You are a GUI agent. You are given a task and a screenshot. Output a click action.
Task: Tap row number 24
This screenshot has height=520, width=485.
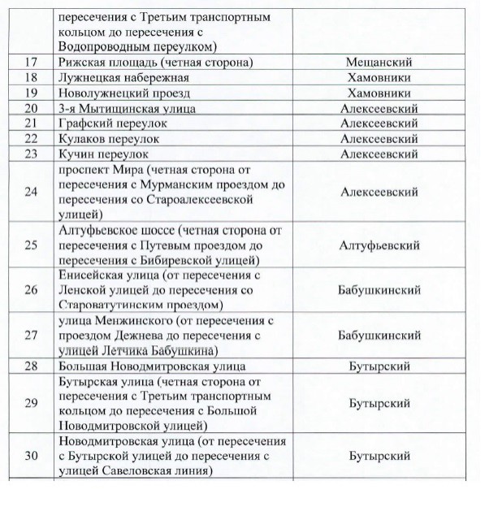point(32,193)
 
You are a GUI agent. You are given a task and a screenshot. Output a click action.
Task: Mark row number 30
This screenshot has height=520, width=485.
point(32,456)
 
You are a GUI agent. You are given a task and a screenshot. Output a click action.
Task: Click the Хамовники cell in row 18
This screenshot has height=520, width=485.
point(379,78)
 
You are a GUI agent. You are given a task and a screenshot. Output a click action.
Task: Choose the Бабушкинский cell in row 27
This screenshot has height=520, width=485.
point(379,336)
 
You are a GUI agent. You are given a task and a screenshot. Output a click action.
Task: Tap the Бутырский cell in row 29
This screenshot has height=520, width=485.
point(379,404)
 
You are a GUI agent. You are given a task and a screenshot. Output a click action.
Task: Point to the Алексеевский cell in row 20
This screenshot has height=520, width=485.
point(379,109)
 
